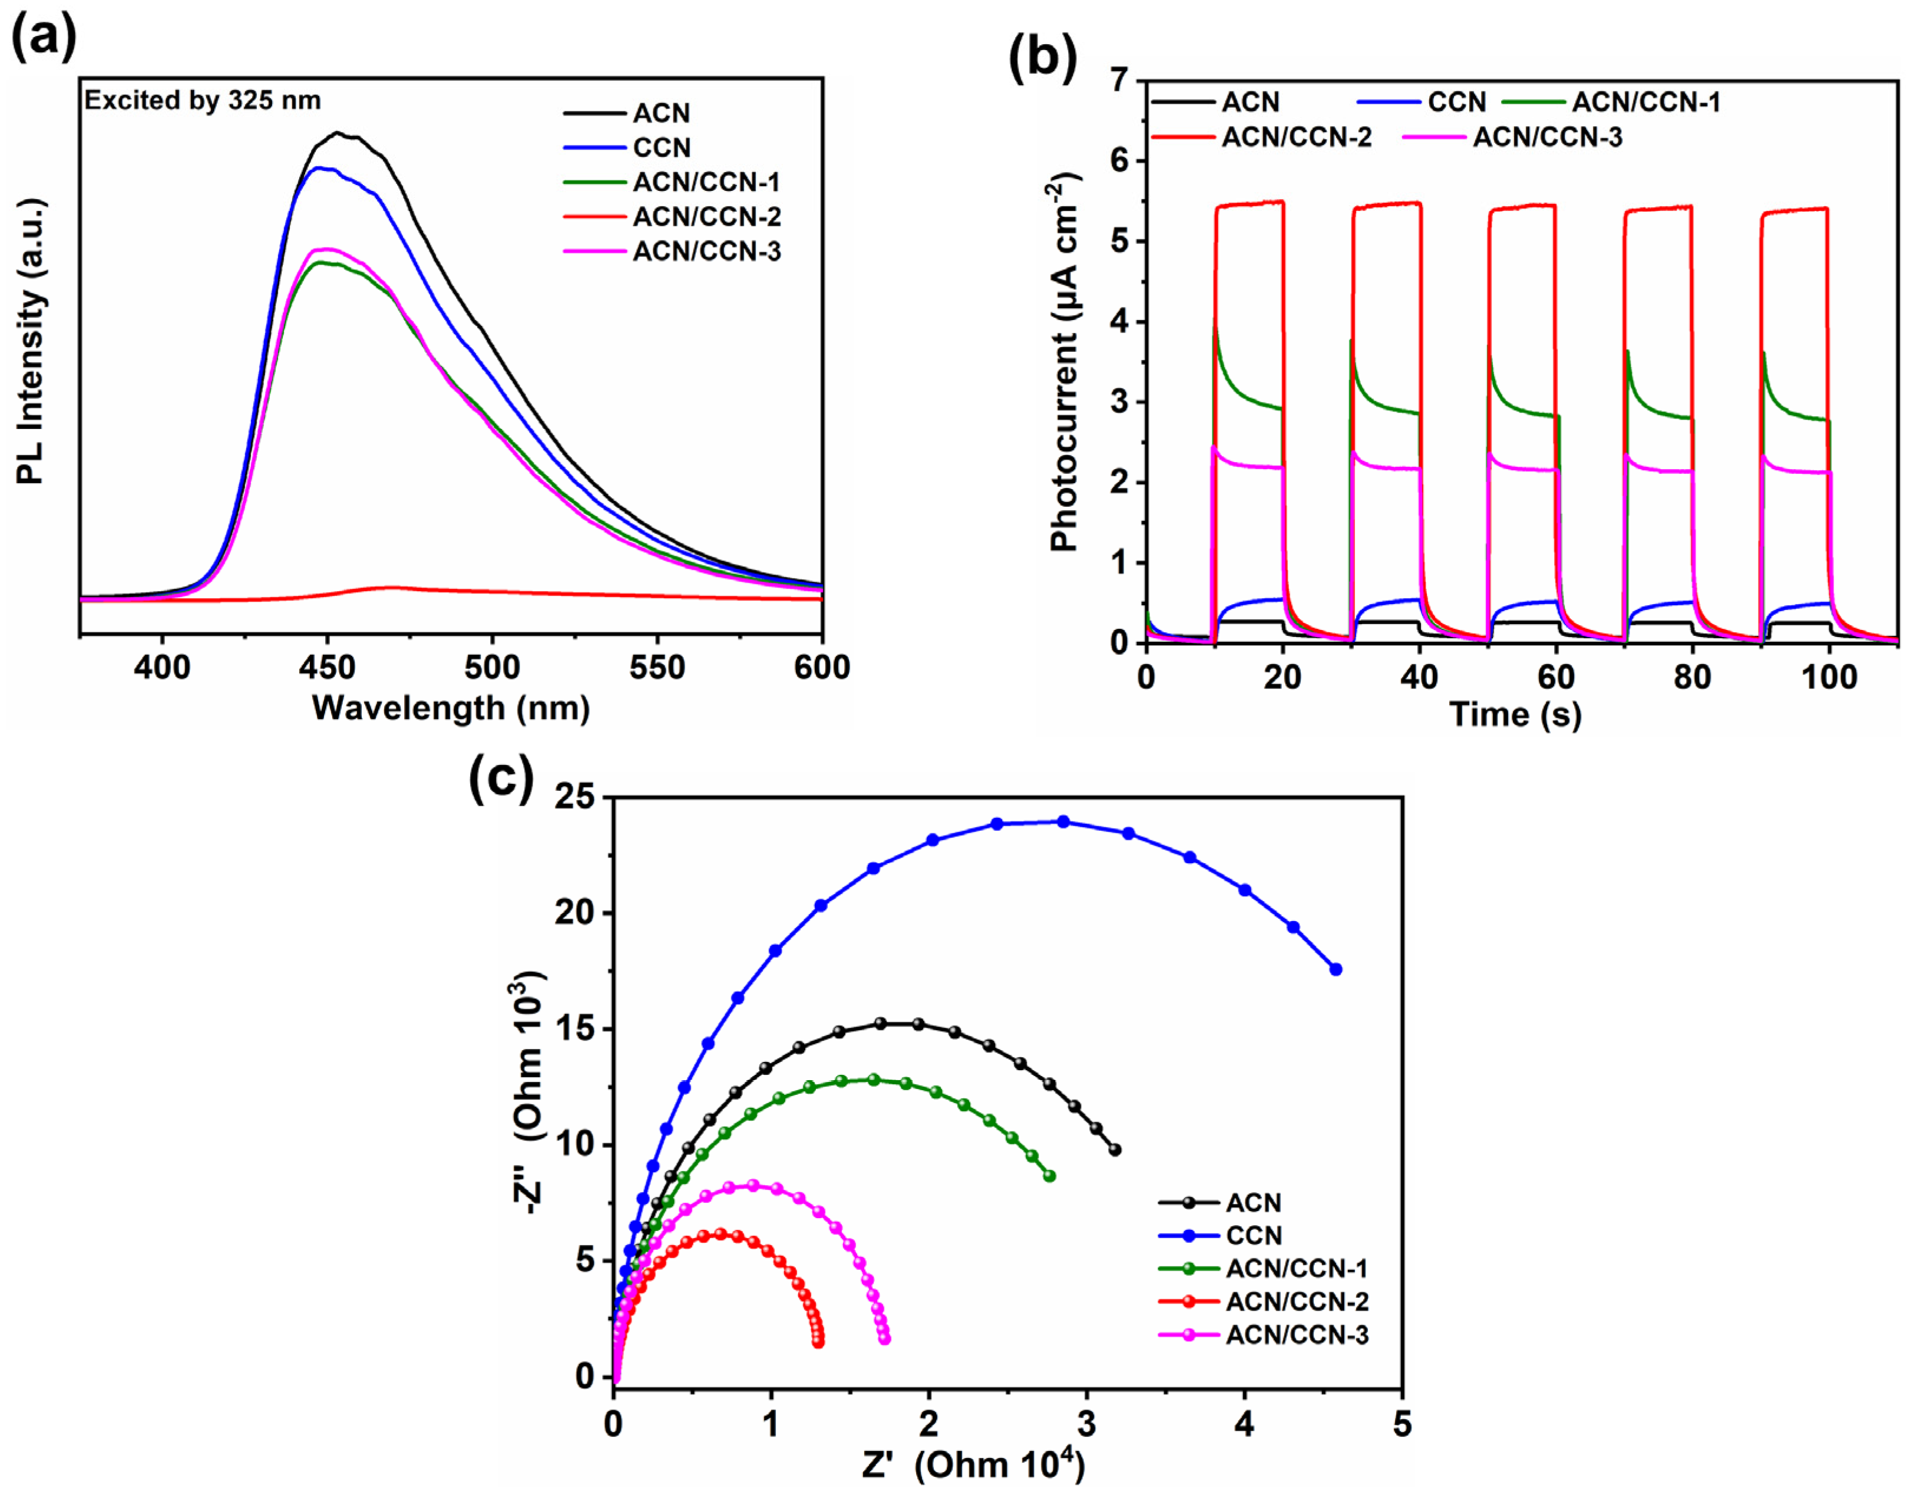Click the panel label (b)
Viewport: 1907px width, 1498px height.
pyautogui.click(x=1043, y=59)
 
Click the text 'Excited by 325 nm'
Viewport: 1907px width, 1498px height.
pyautogui.click(x=203, y=101)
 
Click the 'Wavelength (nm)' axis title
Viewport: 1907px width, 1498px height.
pyautogui.click(x=451, y=708)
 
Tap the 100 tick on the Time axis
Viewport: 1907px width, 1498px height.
pyautogui.click(x=1829, y=677)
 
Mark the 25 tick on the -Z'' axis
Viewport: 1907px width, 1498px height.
pyautogui.click(x=574, y=797)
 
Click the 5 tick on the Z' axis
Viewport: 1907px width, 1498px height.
pyautogui.click(x=1402, y=1424)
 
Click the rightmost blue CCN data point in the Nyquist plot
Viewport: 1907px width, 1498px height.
pyautogui.click(x=1336, y=969)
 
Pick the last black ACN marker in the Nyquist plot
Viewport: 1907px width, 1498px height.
pyautogui.click(x=1115, y=1150)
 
